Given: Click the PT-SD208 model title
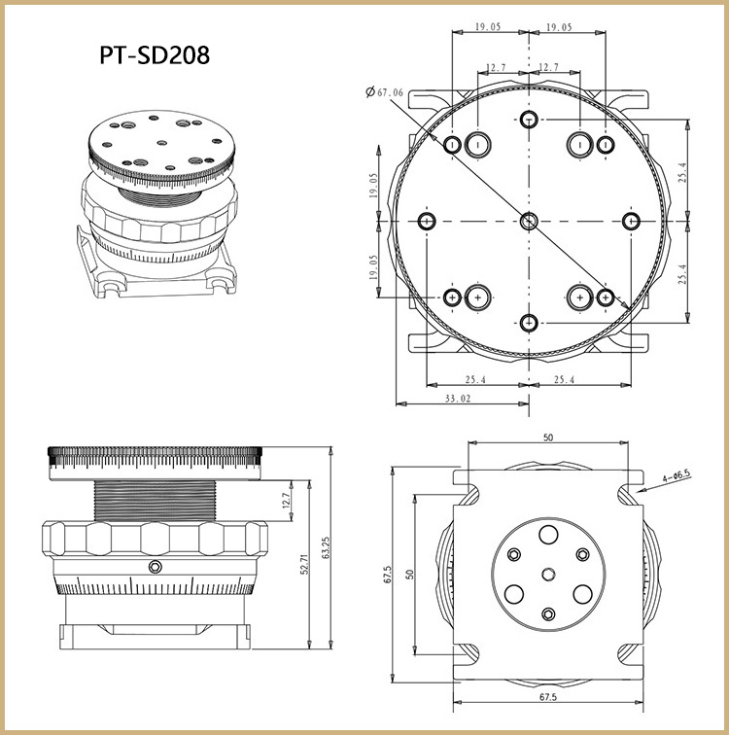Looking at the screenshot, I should click(x=154, y=54).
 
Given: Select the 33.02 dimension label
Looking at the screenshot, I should click(x=458, y=398).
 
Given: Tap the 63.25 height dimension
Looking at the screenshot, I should click(x=329, y=554).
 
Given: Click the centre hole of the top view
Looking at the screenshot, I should click(x=529, y=221).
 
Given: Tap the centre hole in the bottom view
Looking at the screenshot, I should click(x=549, y=574).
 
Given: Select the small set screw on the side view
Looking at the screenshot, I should click(x=155, y=567).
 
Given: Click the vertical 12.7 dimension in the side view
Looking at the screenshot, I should click(x=285, y=500).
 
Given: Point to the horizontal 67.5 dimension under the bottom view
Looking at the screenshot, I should click(x=549, y=697).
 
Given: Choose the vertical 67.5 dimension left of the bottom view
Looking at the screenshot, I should click(x=389, y=574).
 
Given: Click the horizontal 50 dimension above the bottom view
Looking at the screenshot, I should click(x=548, y=439).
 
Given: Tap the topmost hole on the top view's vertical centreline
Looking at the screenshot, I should click(x=529, y=120).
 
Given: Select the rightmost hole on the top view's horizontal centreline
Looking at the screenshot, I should click(x=631, y=221).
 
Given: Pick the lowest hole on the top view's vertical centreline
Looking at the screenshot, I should click(x=529, y=322).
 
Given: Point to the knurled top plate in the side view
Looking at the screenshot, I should click(x=155, y=464).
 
